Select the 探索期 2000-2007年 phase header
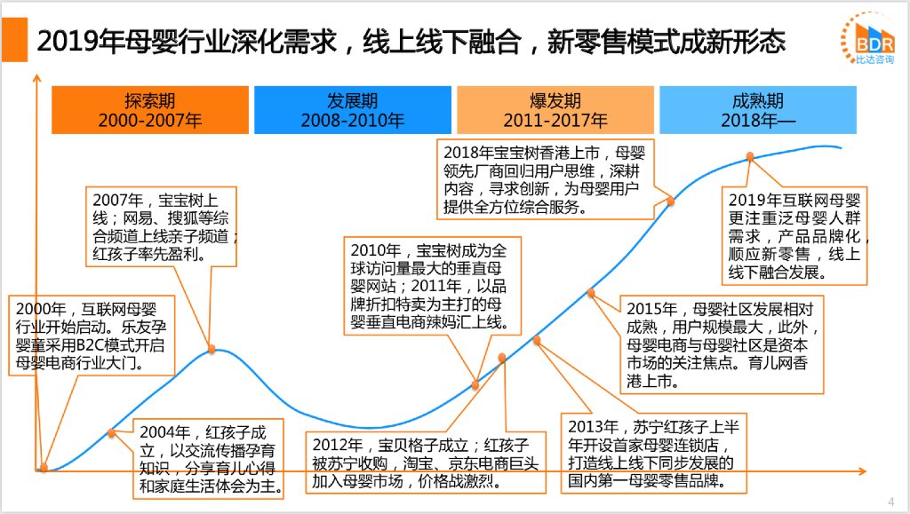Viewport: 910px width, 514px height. tap(150, 110)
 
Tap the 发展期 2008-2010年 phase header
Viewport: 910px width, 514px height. tap(352, 110)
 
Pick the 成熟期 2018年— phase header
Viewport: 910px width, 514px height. tap(758, 110)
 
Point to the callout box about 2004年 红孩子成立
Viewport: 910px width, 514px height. tap(209, 458)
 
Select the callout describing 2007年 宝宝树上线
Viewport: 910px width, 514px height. tap(164, 226)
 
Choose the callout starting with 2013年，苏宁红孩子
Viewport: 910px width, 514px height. tap(651, 454)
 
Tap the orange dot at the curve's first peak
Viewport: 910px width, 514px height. tap(212, 348)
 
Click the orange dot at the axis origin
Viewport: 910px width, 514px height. tap(42, 467)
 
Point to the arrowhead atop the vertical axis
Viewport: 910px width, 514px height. tap(36, 77)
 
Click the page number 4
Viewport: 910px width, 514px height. tap(891, 499)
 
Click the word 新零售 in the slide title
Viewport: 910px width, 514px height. tap(579, 40)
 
